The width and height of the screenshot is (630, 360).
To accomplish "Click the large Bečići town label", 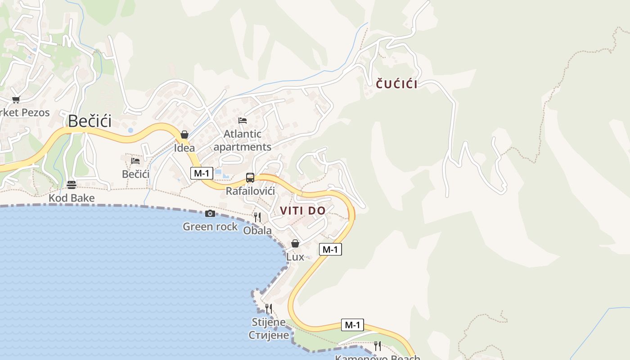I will tap(90, 121).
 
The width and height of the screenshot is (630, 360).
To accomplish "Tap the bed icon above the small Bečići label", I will tap(135, 161).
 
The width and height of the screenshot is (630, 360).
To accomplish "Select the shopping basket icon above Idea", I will tap(184, 135).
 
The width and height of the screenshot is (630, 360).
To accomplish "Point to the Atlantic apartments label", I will tap(242, 140).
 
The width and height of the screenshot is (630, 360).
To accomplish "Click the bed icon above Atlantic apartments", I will tap(243, 120).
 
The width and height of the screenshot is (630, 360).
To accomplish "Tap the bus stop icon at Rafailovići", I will tap(250, 177).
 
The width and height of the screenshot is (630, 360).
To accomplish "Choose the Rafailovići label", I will tap(250, 191).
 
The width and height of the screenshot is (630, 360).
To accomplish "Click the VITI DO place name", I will tap(303, 211).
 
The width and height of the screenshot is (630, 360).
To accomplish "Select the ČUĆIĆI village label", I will tap(396, 84).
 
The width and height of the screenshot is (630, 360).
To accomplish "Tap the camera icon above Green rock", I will tap(210, 214).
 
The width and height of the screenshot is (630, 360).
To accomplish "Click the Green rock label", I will tap(210, 227).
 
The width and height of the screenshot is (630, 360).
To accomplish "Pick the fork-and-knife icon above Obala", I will tap(257, 217).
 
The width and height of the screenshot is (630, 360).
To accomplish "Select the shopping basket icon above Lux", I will tap(295, 243).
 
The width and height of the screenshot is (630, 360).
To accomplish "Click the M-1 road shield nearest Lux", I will tap(330, 249).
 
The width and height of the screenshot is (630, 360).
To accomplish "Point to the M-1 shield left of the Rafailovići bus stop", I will tap(202, 173).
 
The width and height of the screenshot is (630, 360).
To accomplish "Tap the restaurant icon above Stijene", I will tap(269, 309).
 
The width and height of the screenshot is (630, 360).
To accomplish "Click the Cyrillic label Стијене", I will tap(269, 335).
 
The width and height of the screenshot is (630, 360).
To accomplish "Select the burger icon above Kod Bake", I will tap(71, 184).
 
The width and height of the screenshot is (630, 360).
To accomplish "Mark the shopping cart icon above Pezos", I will tap(16, 99).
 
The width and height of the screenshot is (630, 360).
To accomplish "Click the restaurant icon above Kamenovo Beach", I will tap(378, 346).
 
